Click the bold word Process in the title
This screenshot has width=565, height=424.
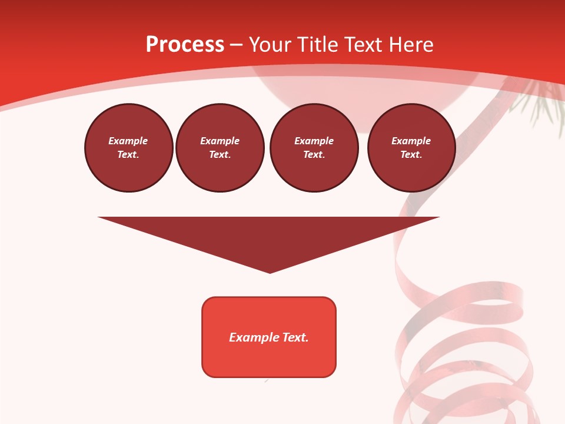click(x=185, y=44)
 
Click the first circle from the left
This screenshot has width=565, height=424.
click(x=129, y=148)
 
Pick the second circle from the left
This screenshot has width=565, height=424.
click(x=220, y=148)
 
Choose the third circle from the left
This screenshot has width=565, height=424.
click(x=314, y=148)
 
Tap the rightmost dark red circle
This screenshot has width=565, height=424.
click(x=411, y=148)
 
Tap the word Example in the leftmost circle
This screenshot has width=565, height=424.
click(x=128, y=141)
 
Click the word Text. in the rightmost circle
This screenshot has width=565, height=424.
click(x=411, y=155)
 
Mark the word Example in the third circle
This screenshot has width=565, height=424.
click(x=314, y=141)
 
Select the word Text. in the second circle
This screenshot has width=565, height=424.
click(x=220, y=155)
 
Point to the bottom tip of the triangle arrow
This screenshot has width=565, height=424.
click(x=270, y=271)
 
